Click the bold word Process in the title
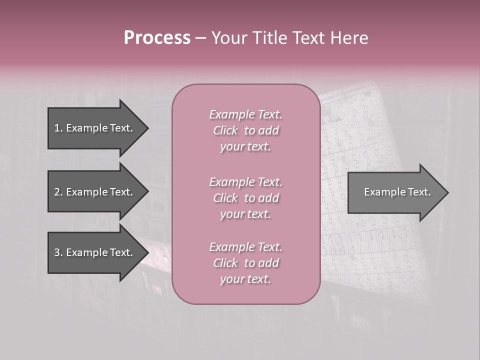pos(157,38)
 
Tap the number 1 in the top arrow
pos(57,128)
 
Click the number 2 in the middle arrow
pos(57,192)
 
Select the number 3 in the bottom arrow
pos(57,252)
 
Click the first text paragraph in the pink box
pos(245,130)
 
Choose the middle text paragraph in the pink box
pos(245,198)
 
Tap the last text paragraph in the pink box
pos(245,263)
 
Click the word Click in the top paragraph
pos(225,130)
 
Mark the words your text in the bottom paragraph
pos(245,279)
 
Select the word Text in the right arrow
pos(419,192)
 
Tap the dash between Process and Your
pos(200,38)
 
